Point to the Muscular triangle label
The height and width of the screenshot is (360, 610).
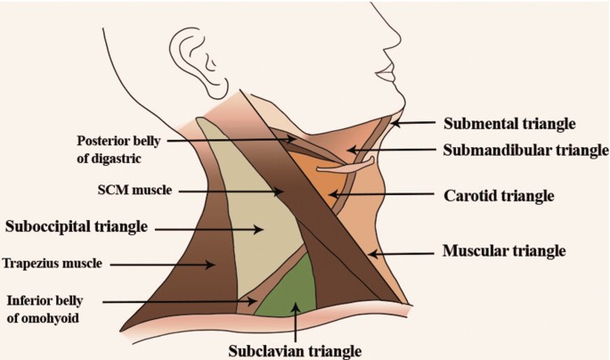504,252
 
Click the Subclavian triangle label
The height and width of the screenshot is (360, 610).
295,350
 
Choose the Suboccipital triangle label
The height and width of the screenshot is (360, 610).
76,227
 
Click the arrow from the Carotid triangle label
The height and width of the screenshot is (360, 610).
382,193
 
